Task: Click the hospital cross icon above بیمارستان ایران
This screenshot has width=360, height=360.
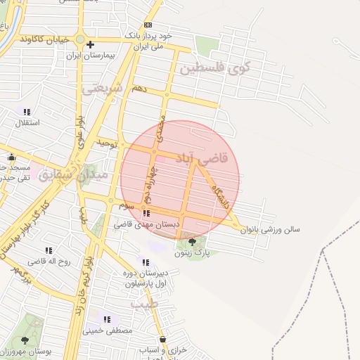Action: point(89,45)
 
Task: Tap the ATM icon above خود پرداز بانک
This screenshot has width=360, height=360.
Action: point(147,25)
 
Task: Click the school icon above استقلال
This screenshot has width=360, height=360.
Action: point(27,112)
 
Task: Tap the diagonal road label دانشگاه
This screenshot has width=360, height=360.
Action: point(224,198)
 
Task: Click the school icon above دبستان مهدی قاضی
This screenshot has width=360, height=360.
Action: point(146,213)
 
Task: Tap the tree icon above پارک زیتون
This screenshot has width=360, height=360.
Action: point(193,243)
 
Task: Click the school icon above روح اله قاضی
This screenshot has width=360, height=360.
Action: point(49,250)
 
